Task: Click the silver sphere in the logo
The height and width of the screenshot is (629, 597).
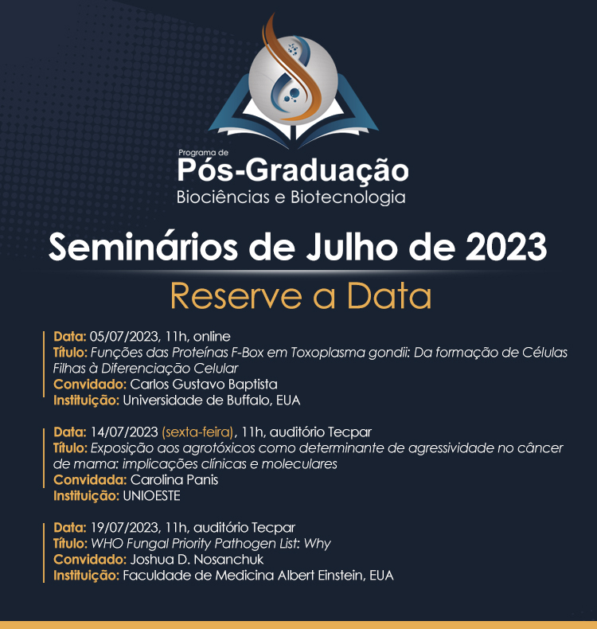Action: pyautogui.click(x=293, y=78)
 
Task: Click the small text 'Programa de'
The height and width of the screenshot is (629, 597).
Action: pyautogui.click(x=203, y=152)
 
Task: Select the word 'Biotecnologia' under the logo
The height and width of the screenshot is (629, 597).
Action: pyautogui.click(x=348, y=197)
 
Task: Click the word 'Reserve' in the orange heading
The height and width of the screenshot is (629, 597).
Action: pyautogui.click(x=236, y=296)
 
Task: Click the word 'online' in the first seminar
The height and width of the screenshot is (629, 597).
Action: pyautogui.click(x=212, y=336)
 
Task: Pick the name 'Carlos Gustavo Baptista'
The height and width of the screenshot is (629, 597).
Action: pyautogui.click(x=204, y=385)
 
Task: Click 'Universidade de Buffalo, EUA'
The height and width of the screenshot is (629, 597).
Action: pyautogui.click(x=212, y=400)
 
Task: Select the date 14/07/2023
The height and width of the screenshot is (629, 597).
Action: pyautogui.click(x=124, y=432)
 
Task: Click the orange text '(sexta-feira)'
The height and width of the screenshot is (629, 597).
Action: pyautogui.click(x=197, y=432)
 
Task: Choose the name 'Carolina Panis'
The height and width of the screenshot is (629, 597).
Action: pyautogui.click(x=174, y=480)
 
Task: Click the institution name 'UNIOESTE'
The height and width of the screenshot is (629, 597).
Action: pyautogui.click(x=151, y=496)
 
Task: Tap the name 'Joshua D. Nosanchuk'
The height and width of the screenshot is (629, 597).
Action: pyautogui.click(x=197, y=560)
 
